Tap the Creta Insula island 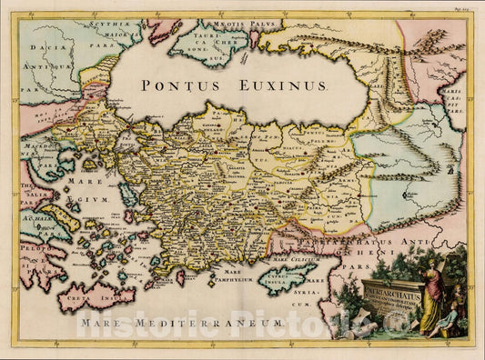pos(96,296)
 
